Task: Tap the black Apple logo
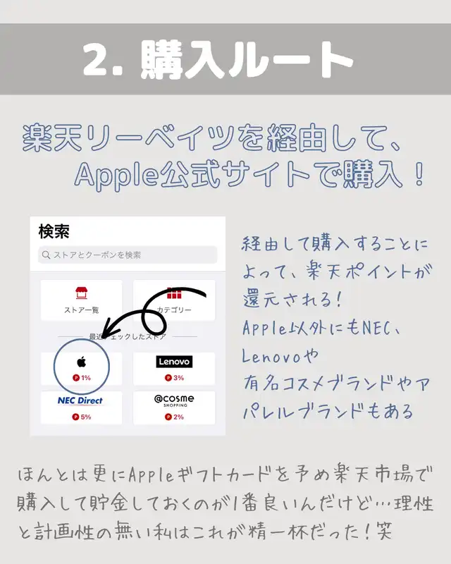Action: tap(82, 362)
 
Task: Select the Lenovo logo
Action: tap(174, 362)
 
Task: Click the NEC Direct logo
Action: tap(80, 400)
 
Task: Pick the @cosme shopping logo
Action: tap(174, 400)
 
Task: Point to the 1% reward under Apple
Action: tap(82, 378)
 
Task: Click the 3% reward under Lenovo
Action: tap(175, 378)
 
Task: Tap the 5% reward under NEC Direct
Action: tap(82, 417)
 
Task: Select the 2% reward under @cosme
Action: tap(175, 417)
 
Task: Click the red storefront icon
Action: tap(81, 293)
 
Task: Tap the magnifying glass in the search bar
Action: tap(46, 255)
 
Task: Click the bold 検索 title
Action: tap(54, 231)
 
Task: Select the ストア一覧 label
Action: tap(81, 310)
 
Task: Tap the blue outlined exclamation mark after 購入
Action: tap(419, 174)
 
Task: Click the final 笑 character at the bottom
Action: tap(384, 531)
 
